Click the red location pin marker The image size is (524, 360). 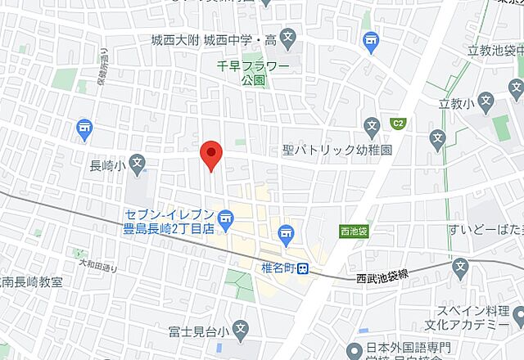pos(211,155)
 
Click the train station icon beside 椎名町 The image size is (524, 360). pos(303,267)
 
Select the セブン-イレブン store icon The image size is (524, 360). pos(228,217)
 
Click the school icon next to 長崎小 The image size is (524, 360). pos(137,164)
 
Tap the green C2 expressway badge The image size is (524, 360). pos(398,124)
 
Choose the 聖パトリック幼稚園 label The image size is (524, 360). pos(337,151)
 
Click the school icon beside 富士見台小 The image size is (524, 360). pos(240,331)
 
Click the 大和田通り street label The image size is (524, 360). pos(97,265)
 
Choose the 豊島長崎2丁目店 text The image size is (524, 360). pos(169,229)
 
